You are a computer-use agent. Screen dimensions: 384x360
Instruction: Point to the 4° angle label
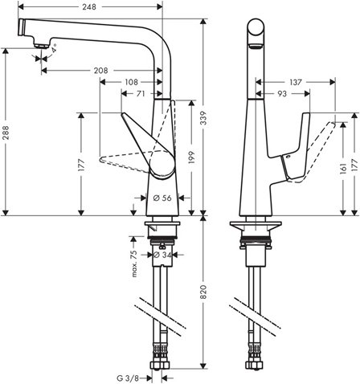[54, 50]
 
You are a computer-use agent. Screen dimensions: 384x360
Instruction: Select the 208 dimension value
[101, 71]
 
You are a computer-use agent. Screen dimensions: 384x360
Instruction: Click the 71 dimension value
[141, 94]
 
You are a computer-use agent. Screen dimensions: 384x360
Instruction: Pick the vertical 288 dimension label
[7, 137]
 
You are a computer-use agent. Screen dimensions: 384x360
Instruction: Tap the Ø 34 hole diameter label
[163, 255]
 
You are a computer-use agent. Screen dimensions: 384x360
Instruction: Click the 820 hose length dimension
[205, 293]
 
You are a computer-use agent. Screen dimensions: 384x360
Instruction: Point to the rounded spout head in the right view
[256, 34]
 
